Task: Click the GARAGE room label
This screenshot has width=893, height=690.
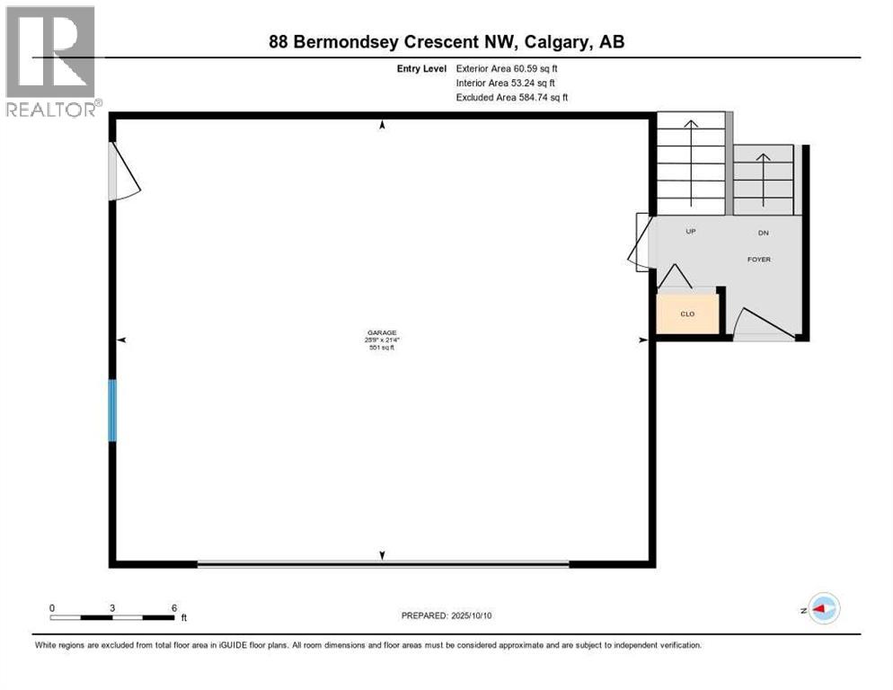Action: (382, 332)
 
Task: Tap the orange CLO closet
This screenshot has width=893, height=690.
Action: (687, 314)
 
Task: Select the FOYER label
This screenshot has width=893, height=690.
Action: (759, 260)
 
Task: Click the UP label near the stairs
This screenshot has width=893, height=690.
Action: (691, 232)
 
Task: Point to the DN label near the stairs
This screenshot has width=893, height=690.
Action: (763, 233)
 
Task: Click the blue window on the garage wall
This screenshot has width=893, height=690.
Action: (112, 411)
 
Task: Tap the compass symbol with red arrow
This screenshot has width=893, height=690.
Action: (823, 609)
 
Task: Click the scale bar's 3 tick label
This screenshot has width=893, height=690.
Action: (112, 607)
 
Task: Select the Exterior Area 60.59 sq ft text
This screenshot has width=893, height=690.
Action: (512, 68)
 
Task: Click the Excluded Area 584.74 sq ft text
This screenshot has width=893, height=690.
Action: (512, 97)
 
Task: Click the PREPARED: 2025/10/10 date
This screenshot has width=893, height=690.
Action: (447, 615)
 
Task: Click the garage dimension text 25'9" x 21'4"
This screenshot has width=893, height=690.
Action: (382, 340)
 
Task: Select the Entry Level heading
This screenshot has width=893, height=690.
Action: (421, 68)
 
